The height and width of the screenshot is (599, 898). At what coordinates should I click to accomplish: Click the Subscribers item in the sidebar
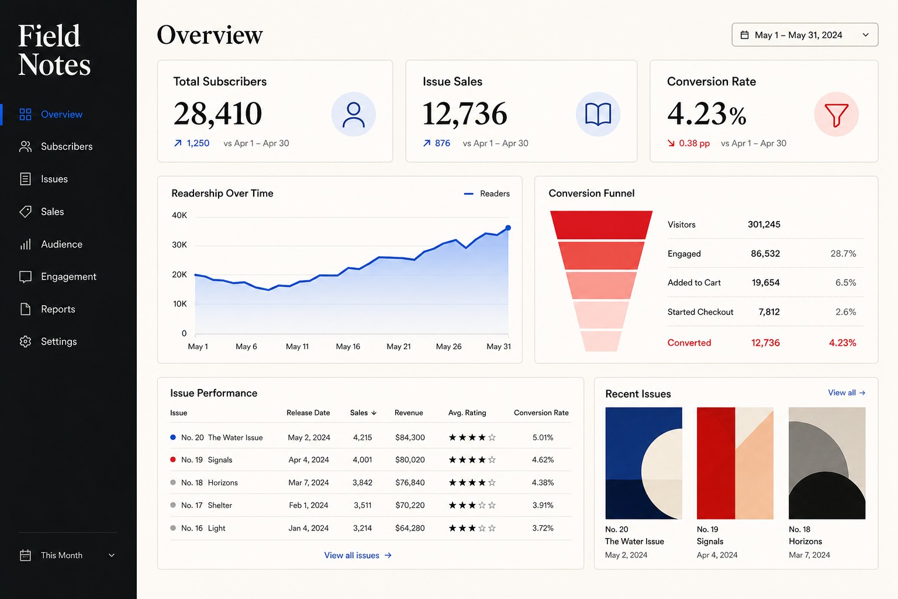[x=56, y=146]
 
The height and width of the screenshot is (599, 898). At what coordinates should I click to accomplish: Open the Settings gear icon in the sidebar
[x=25, y=342]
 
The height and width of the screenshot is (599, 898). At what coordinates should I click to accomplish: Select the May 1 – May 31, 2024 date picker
[x=804, y=35]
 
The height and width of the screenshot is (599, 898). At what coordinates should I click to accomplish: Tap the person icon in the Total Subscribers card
[x=353, y=114]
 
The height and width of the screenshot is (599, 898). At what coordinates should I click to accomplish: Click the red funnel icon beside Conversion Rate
[x=836, y=115]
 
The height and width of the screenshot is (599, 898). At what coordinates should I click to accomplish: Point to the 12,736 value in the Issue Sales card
[x=465, y=114]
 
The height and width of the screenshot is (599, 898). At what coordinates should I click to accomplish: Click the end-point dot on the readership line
[x=508, y=228]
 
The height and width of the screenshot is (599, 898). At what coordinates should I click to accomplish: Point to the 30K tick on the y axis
[x=179, y=245]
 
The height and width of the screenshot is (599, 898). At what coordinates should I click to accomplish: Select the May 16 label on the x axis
[x=348, y=346]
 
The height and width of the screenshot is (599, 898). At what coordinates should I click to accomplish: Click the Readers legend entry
[x=486, y=194]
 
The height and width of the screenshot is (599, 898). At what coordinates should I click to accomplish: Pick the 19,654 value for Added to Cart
[x=765, y=283]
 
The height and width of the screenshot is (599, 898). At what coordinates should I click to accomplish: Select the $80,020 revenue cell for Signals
[x=410, y=460]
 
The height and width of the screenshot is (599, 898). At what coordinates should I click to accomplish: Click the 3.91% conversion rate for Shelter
[x=543, y=505]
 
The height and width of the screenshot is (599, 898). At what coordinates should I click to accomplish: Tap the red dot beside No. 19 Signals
[x=173, y=459]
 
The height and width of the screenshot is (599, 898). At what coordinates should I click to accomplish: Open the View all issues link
[x=358, y=555]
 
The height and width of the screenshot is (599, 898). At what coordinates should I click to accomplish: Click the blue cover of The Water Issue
[x=644, y=463]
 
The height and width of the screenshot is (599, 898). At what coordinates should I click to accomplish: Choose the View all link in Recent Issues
[x=847, y=393]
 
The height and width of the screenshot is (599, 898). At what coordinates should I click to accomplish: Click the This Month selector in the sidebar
[x=67, y=555]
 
